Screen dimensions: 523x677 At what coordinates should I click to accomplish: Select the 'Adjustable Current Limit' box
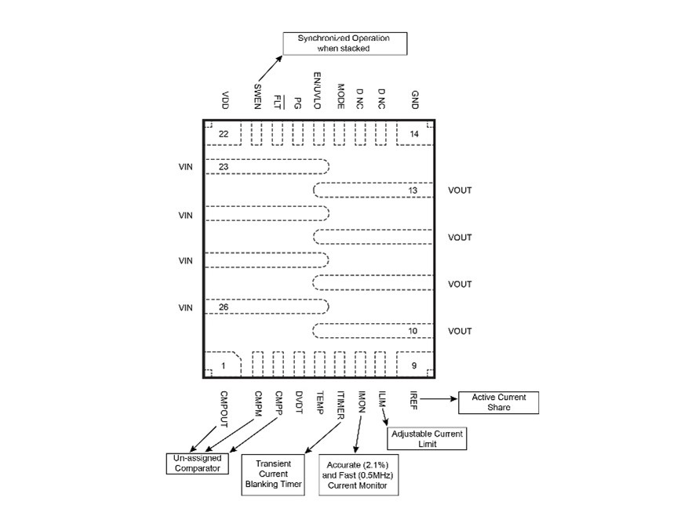click(x=426, y=438)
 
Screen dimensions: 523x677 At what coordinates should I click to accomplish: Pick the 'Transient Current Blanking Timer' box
click(x=274, y=474)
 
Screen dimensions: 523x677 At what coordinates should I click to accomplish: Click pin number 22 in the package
click(x=224, y=134)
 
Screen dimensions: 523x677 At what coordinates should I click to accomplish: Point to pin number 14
click(x=413, y=134)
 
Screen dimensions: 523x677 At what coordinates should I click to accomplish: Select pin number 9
click(x=413, y=365)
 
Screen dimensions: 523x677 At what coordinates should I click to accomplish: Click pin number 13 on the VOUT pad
click(x=413, y=191)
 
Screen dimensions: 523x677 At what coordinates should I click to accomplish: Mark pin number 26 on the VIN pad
click(x=224, y=307)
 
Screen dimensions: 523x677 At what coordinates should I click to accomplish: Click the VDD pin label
click(x=225, y=100)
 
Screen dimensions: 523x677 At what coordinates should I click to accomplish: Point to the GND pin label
click(x=414, y=100)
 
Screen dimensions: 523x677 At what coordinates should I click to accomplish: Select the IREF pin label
click(x=413, y=400)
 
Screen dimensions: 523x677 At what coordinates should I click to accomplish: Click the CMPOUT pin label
click(x=224, y=409)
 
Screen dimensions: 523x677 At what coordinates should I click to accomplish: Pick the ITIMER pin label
click(x=340, y=405)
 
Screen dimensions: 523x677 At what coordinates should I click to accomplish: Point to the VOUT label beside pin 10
click(x=460, y=331)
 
